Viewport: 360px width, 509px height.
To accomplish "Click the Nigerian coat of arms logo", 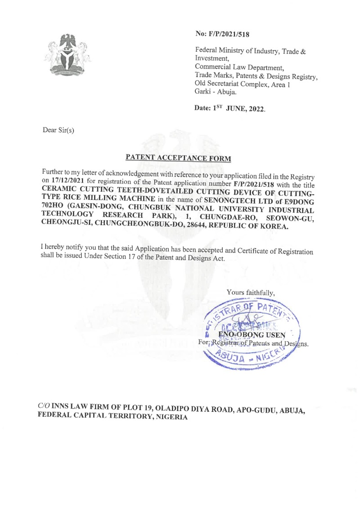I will coord(68,54).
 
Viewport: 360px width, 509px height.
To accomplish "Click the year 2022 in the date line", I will coord(254,109).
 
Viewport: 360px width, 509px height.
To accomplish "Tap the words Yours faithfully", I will coord(250,293).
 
